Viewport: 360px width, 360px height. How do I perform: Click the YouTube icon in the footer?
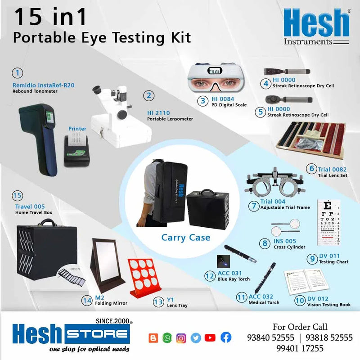[x=210, y=337]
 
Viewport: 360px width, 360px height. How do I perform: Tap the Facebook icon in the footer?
[x=226, y=337]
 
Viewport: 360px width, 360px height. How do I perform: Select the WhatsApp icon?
[x=167, y=337]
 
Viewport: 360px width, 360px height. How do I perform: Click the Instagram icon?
[x=181, y=337]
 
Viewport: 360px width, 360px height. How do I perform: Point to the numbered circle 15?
[x=18, y=196]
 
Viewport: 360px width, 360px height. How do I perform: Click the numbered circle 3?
[x=204, y=101]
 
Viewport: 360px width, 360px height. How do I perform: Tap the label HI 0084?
[x=223, y=99]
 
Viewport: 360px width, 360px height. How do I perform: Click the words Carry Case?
[x=186, y=237]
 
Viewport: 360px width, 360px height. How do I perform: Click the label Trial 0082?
[x=332, y=169]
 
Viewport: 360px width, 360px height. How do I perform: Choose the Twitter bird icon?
[x=195, y=337]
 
